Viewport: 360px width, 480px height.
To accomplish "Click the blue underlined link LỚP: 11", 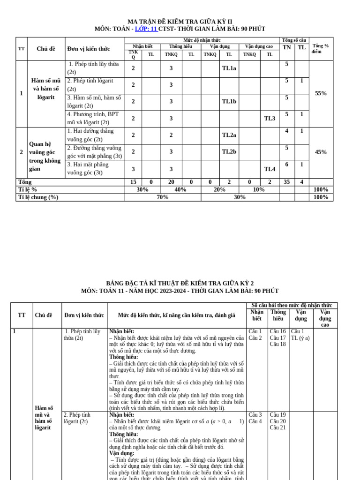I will [146, 29].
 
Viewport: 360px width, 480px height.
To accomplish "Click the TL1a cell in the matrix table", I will [229, 68].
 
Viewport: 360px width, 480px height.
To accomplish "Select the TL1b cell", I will [229, 102].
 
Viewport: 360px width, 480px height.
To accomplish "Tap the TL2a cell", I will [229, 135].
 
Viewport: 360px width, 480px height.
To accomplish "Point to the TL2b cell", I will [229, 152].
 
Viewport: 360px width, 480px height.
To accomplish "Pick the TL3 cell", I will [270, 119].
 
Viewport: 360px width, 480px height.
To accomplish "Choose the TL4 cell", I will [270, 169].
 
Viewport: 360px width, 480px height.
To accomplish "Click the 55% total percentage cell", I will [321, 93].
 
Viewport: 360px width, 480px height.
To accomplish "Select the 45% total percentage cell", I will [321, 152].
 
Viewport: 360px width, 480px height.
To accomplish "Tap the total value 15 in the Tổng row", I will [133, 182].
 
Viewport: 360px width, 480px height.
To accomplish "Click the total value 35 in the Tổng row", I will [286, 182].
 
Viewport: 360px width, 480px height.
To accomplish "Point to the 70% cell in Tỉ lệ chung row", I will [163, 197].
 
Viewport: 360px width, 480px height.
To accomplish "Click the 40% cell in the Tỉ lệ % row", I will [180, 190].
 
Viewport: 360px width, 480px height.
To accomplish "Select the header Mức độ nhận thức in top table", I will [202, 40].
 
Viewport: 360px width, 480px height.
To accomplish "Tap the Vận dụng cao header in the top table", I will [259, 47].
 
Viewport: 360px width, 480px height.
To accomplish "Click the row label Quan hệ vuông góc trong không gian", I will [45, 157].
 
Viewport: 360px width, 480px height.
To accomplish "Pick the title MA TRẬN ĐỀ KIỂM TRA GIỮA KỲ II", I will [180, 22].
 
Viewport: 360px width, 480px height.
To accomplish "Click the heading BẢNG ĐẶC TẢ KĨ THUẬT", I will [180, 284].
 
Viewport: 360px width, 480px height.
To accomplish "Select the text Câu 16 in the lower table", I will [277, 331].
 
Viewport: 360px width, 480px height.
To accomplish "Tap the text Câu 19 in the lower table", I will [277, 415].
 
